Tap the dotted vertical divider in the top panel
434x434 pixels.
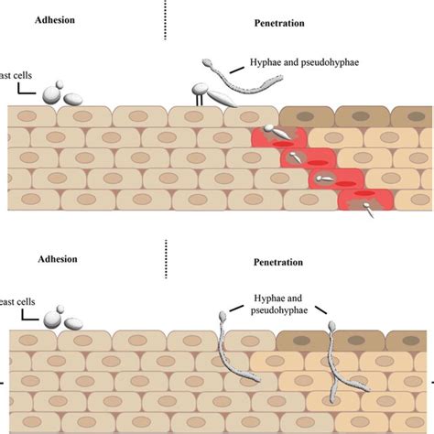tap(167, 18)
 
